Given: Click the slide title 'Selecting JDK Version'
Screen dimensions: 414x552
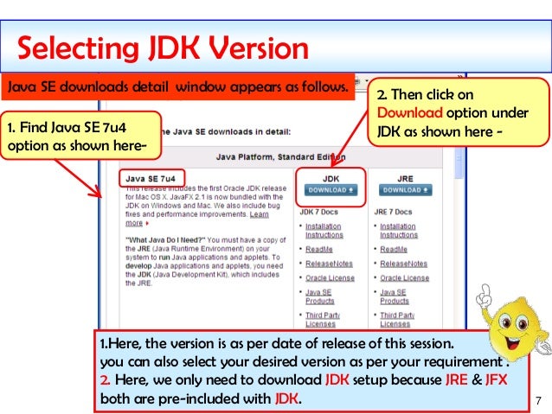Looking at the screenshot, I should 163,47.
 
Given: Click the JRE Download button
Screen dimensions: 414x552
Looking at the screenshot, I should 405,189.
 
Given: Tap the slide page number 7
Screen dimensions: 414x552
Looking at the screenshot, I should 538,401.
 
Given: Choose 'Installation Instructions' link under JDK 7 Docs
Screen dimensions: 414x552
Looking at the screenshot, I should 323,231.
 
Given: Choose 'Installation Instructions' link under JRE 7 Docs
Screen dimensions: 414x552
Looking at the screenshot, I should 399,231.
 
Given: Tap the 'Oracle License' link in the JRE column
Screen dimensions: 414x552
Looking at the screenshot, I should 404,278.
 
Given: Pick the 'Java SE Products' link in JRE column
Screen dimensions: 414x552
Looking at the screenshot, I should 394,296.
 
